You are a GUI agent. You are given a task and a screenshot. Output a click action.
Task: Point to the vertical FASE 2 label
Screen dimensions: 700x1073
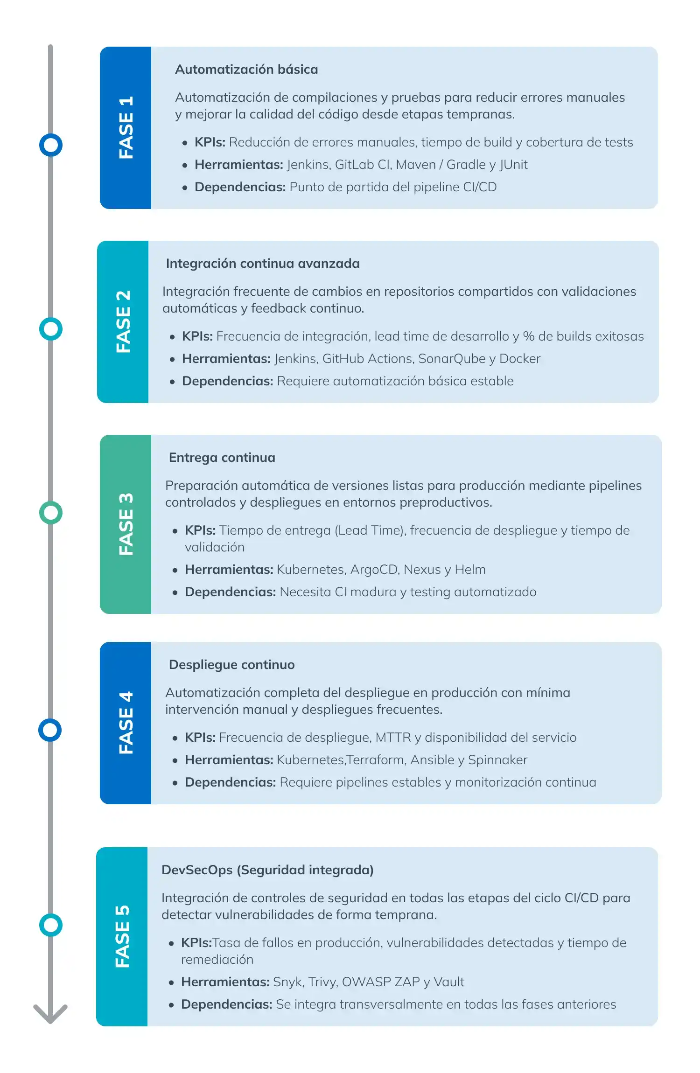124,321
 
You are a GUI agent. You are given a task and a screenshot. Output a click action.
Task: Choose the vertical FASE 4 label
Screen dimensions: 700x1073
126,723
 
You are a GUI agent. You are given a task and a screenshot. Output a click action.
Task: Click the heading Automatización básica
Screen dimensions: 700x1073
246,70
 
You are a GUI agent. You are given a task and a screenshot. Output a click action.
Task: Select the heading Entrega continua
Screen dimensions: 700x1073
222,458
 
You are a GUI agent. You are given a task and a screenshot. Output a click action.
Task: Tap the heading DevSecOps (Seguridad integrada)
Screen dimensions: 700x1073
267,870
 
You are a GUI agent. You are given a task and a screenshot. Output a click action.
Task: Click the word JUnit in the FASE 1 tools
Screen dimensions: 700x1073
513,165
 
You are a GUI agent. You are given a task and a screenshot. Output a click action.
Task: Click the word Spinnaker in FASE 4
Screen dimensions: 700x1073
497,760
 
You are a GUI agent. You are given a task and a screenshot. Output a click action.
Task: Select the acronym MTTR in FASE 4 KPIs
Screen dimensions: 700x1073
393,738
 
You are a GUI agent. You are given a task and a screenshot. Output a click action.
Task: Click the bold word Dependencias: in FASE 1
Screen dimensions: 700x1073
240,187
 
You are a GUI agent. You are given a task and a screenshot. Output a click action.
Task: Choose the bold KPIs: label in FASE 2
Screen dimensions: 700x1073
197,336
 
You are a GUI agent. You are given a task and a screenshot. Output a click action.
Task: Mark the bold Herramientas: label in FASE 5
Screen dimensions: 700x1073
225,982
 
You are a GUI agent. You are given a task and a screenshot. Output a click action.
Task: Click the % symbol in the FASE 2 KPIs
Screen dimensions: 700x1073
529,336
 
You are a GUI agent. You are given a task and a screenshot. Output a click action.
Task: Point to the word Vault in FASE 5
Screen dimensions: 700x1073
449,982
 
